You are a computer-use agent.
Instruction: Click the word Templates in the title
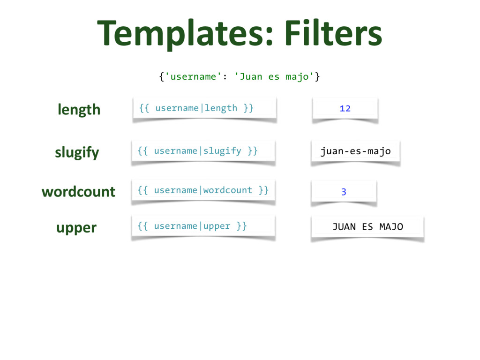tap(180, 34)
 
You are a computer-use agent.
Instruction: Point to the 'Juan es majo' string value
tap(274, 76)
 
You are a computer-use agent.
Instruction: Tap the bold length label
tap(79, 110)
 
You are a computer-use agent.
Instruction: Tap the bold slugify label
tap(77, 153)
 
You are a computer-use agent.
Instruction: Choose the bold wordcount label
tap(78, 192)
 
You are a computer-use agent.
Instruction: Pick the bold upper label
tap(76, 228)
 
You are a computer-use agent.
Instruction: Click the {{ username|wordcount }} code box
tap(203, 190)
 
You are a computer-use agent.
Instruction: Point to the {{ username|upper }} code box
tap(202, 226)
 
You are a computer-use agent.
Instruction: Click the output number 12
tap(345, 109)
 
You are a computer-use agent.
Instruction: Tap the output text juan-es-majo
tap(355, 151)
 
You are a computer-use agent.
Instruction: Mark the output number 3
tap(344, 192)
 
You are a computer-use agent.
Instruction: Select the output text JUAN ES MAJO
tap(367, 227)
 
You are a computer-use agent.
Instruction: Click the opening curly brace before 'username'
tap(161, 76)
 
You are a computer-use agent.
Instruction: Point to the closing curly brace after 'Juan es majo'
tap(317, 76)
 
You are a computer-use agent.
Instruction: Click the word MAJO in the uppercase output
tap(391, 227)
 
